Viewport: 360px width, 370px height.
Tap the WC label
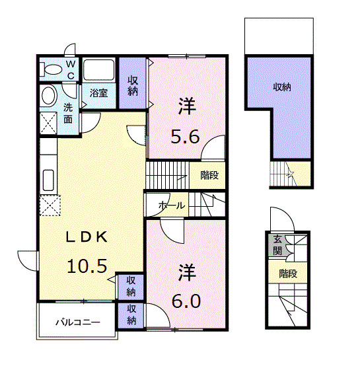pyautogui.click(x=71, y=70)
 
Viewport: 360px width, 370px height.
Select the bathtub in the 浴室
pyautogui.click(x=98, y=69)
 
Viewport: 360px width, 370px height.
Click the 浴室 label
pyautogui.click(x=98, y=93)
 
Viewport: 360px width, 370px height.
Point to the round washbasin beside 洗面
pyautogui.click(x=49, y=96)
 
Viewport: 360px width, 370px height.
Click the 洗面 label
pyautogui.click(x=68, y=114)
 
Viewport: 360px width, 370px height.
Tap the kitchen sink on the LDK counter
pyautogui.click(x=48, y=180)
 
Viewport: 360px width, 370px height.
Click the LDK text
pyautogui.click(x=87, y=237)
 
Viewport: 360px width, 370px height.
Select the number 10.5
pyautogui.click(x=87, y=266)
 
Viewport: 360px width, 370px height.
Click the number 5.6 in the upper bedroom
pyautogui.click(x=185, y=137)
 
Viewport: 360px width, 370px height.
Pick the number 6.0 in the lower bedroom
pyautogui.click(x=186, y=301)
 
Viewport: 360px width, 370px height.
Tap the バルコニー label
pyautogui.click(x=78, y=322)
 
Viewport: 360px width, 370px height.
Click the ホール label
pyautogui.click(x=172, y=205)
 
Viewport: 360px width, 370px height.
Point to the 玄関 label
pyautogui.click(x=277, y=245)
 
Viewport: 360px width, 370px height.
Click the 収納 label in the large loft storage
pyautogui.click(x=282, y=87)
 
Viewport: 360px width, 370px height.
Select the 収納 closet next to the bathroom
pyautogui.click(x=132, y=83)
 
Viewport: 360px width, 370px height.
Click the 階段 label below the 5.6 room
pyautogui.click(x=209, y=175)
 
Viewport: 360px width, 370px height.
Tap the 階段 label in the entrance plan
pyautogui.click(x=288, y=274)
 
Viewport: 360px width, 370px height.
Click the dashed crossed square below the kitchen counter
pyautogui.click(x=50, y=205)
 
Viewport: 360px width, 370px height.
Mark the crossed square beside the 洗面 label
pyautogui.click(x=48, y=123)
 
